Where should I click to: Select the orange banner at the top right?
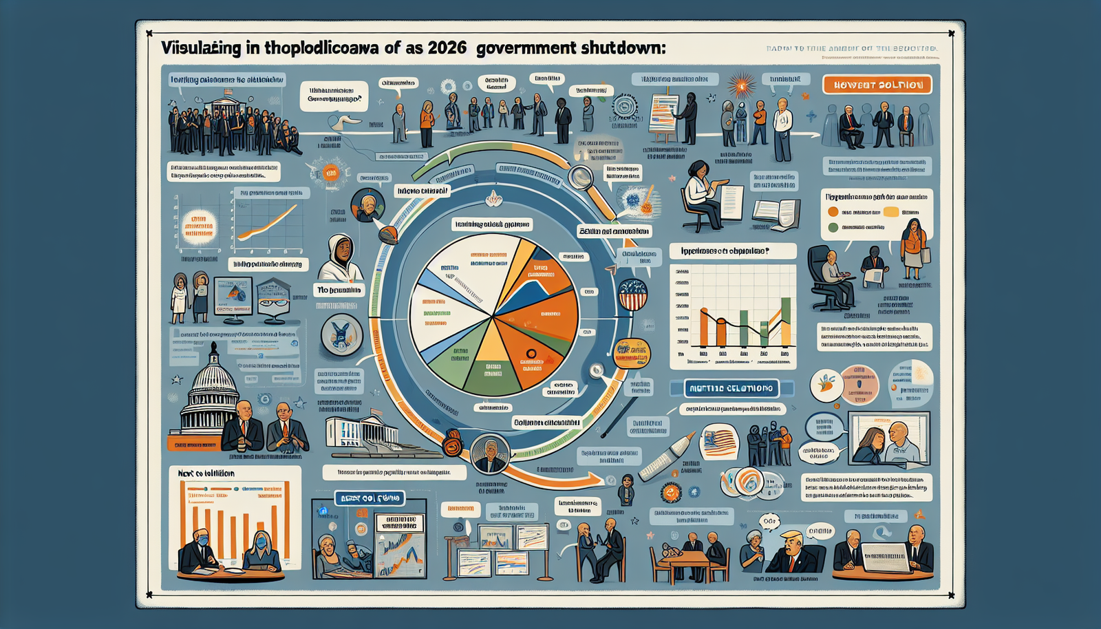coord(877,85)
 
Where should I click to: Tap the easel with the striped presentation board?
coord(664,114)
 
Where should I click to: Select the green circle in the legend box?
coord(833,227)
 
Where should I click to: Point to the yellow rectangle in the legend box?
coord(891,213)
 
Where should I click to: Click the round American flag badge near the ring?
coord(633,295)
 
